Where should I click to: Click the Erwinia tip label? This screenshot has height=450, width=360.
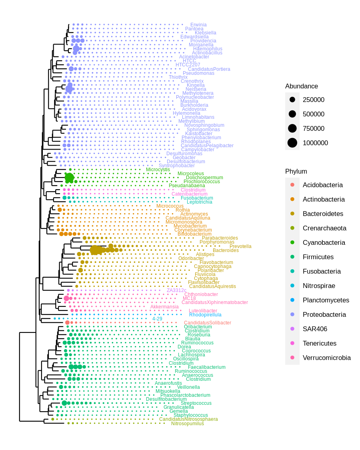(x=198, y=25)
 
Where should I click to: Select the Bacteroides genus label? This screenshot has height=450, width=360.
(x=226, y=250)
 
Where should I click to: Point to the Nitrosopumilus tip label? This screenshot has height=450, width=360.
(x=187, y=424)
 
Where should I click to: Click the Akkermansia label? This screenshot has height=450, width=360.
(x=164, y=307)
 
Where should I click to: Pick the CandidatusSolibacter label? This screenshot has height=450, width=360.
(x=207, y=323)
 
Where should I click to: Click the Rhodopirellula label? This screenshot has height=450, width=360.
(x=205, y=315)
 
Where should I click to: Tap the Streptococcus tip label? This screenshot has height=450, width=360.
(x=196, y=403)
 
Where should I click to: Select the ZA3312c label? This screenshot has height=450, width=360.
(x=176, y=290)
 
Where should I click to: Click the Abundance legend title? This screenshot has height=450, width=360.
(x=301, y=86)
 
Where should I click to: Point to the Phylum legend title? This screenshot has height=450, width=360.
(x=296, y=171)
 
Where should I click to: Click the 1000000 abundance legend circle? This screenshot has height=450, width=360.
(x=292, y=143)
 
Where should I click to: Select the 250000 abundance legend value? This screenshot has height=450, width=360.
(x=313, y=100)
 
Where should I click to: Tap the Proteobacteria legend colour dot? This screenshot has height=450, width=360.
(x=292, y=314)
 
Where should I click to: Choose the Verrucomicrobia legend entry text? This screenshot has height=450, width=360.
(x=326, y=358)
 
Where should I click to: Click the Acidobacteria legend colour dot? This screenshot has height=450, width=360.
(x=292, y=185)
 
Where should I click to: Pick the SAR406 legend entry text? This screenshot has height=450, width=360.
(x=315, y=329)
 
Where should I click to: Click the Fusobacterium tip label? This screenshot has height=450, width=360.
(x=197, y=198)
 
